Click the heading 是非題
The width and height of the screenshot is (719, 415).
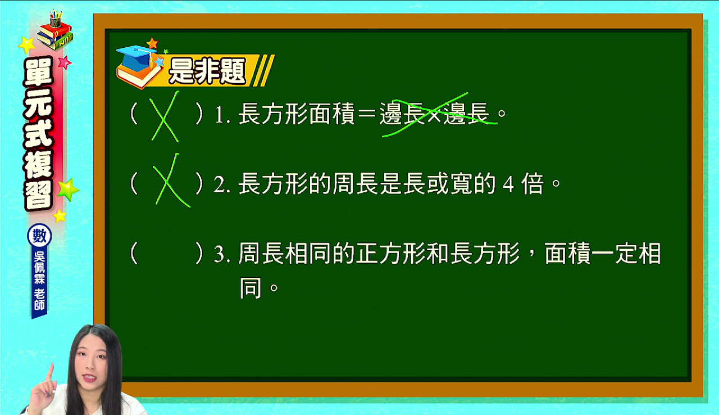207,71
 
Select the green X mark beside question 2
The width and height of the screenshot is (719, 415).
170,181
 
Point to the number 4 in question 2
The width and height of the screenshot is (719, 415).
508,184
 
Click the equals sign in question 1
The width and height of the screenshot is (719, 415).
367,114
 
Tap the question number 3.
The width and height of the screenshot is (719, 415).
222,254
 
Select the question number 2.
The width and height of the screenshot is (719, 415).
222,184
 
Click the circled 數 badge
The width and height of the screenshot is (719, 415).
39,236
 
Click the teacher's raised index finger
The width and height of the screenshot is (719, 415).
51,373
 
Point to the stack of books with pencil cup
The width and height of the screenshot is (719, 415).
55,30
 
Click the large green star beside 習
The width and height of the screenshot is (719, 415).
68,190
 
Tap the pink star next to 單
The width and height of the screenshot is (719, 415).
65,62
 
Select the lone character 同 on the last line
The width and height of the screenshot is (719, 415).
251,287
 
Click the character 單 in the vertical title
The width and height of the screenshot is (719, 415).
39,73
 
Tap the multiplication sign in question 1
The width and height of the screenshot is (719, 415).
434,114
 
